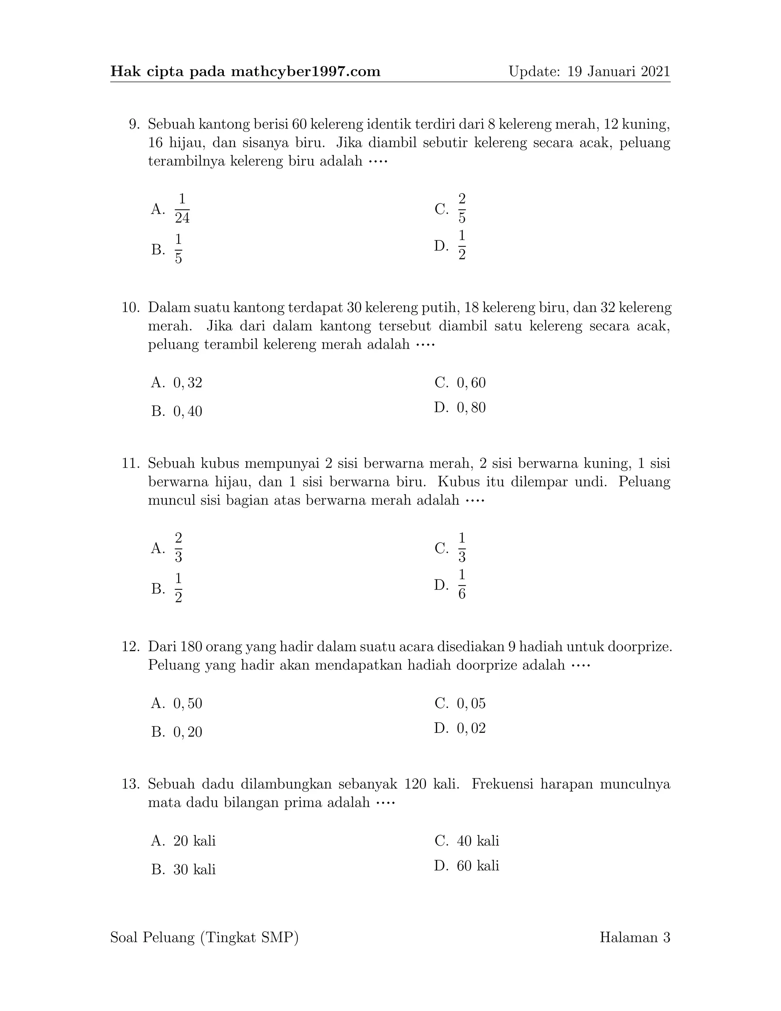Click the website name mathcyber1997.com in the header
point(305,71)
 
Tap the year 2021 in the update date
point(655,71)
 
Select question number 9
point(134,124)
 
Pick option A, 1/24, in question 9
point(182,208)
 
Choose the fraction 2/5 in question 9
point(462,208)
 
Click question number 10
point(130,307)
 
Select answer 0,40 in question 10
point(187,411)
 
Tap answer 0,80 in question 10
point(471,407)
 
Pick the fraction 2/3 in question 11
point(178,547)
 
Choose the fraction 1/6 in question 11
point(462,584)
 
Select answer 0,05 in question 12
point(471,704)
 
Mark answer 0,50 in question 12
point(187,704)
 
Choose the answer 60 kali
point(477,866)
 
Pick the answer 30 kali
point(194,869)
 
